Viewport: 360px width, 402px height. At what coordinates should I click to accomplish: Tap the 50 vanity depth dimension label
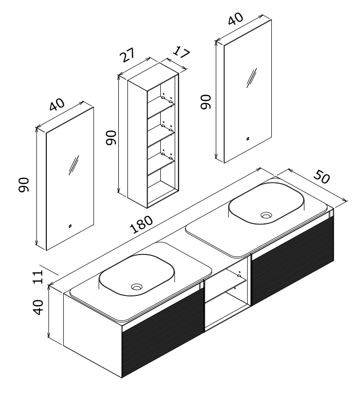pyautogui.click(x=321, y=178)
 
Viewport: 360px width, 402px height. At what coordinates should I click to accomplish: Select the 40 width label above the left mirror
pyautogui.click(x=57, y=105)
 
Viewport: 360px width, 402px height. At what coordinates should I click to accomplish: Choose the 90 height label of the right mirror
pyautogui.click(x=206, y=101)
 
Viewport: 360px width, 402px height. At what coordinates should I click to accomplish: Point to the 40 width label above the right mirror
pyautogui.click(x=236, y=21)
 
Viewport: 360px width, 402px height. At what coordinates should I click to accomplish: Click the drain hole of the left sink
pyautogui.click(x=137, y=286)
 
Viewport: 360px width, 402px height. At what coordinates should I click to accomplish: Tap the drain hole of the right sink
pyautogui.click(x=266, y=215)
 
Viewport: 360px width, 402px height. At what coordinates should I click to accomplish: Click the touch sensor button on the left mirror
pyautogui.click(x=70, y=226)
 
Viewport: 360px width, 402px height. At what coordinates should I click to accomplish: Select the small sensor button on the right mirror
pyautogui.click(x=249, y=139)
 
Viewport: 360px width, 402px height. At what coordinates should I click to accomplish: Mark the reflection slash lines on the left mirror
pyautogui.click(x=73, y=165)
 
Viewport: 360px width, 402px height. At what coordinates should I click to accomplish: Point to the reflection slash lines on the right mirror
pyautogui.click(x=252, y=77)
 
